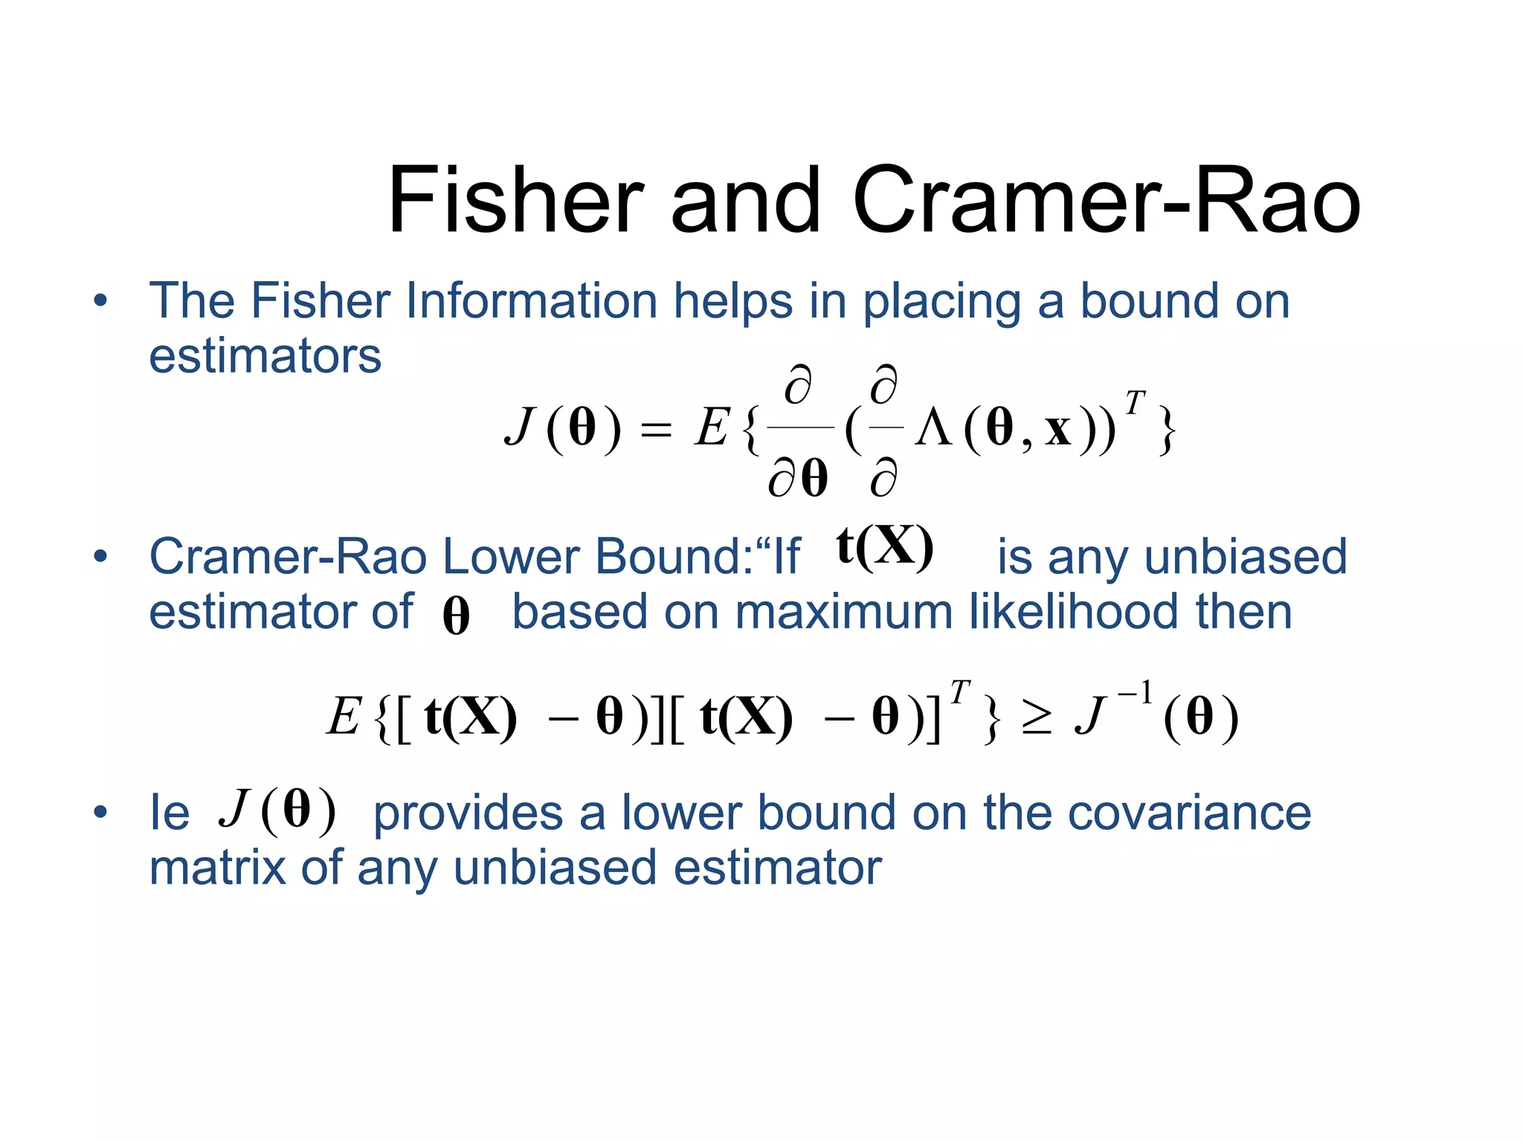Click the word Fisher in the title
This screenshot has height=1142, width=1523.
(x=515, y=201)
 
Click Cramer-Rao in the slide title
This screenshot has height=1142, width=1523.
(x=1106, y=201)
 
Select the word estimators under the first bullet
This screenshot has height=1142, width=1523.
(x=265, y=356)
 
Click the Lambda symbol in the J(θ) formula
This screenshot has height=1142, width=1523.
(x=934, y=429)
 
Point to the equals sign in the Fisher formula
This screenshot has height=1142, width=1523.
(x=656, y=430)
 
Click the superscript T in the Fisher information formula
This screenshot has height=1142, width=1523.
(x=1134, y=402)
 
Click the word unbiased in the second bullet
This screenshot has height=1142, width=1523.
(x=1246, y=557)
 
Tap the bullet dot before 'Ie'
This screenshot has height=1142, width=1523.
(x=100, y=812)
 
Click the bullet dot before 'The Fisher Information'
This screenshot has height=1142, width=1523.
(x=100, y=301)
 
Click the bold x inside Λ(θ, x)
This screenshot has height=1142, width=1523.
(x=1058, y=430)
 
